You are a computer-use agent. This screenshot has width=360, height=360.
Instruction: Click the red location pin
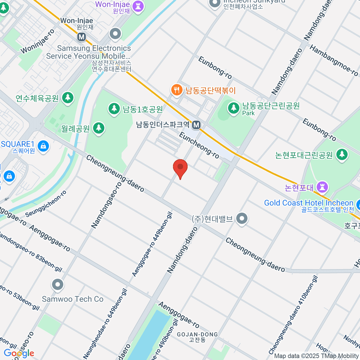pos(180,167)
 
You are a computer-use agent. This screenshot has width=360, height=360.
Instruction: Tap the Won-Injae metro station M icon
pos(81,37)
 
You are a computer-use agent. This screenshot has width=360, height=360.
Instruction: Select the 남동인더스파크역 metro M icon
pos(196,125)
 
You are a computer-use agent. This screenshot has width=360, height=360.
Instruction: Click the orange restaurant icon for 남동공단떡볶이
pos(177,90)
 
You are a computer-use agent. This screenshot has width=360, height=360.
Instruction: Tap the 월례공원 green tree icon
pos(98,128)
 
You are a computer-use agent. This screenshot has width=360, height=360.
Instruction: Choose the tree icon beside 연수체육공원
pos(68,97)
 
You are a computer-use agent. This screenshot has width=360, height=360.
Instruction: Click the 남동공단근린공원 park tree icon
pos(233,107)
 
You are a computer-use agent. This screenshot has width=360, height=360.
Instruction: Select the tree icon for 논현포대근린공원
pos(342,154)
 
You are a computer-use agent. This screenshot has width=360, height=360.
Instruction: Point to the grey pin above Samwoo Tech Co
pos(57,284)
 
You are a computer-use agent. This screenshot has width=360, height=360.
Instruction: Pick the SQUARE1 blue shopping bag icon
pos(43,146)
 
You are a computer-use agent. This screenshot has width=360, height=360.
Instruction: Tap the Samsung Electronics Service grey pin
pos(115,34)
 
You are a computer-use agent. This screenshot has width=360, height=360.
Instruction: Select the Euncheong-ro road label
pos(199,145)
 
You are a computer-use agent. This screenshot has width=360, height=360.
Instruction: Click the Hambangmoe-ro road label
pos(334,60)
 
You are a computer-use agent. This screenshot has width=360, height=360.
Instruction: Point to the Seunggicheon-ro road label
pos(46,204)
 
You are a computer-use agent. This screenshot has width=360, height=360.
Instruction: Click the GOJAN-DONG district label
pos(197,334)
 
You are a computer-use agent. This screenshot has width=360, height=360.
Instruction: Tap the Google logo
pos(19,353)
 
